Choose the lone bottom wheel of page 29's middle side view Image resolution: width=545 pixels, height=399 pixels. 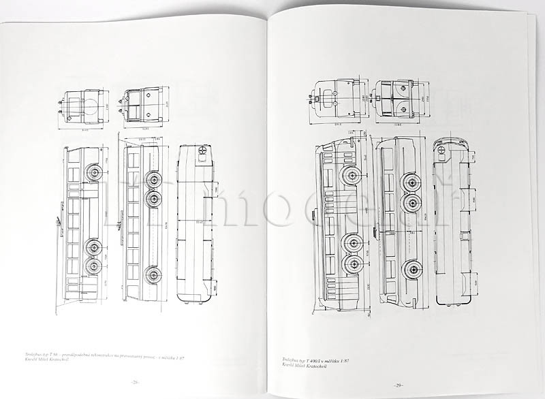(x=411, y=269)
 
